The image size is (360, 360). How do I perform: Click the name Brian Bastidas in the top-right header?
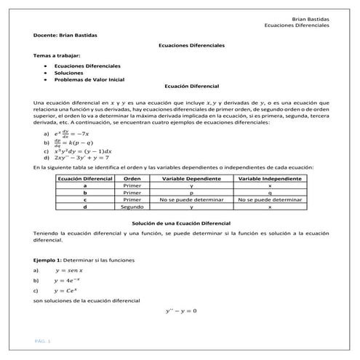pos(310,18)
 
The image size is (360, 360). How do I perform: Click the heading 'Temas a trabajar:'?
pos(57,55)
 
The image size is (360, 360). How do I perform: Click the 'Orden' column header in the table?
pos(132,178)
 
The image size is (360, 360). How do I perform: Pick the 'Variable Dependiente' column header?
pos(191,178)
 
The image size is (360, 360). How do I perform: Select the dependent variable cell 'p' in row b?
pos(191,192)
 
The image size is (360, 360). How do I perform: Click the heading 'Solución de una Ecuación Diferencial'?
pos(181,222)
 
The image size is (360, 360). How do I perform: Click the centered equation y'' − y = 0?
pos(182,311)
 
